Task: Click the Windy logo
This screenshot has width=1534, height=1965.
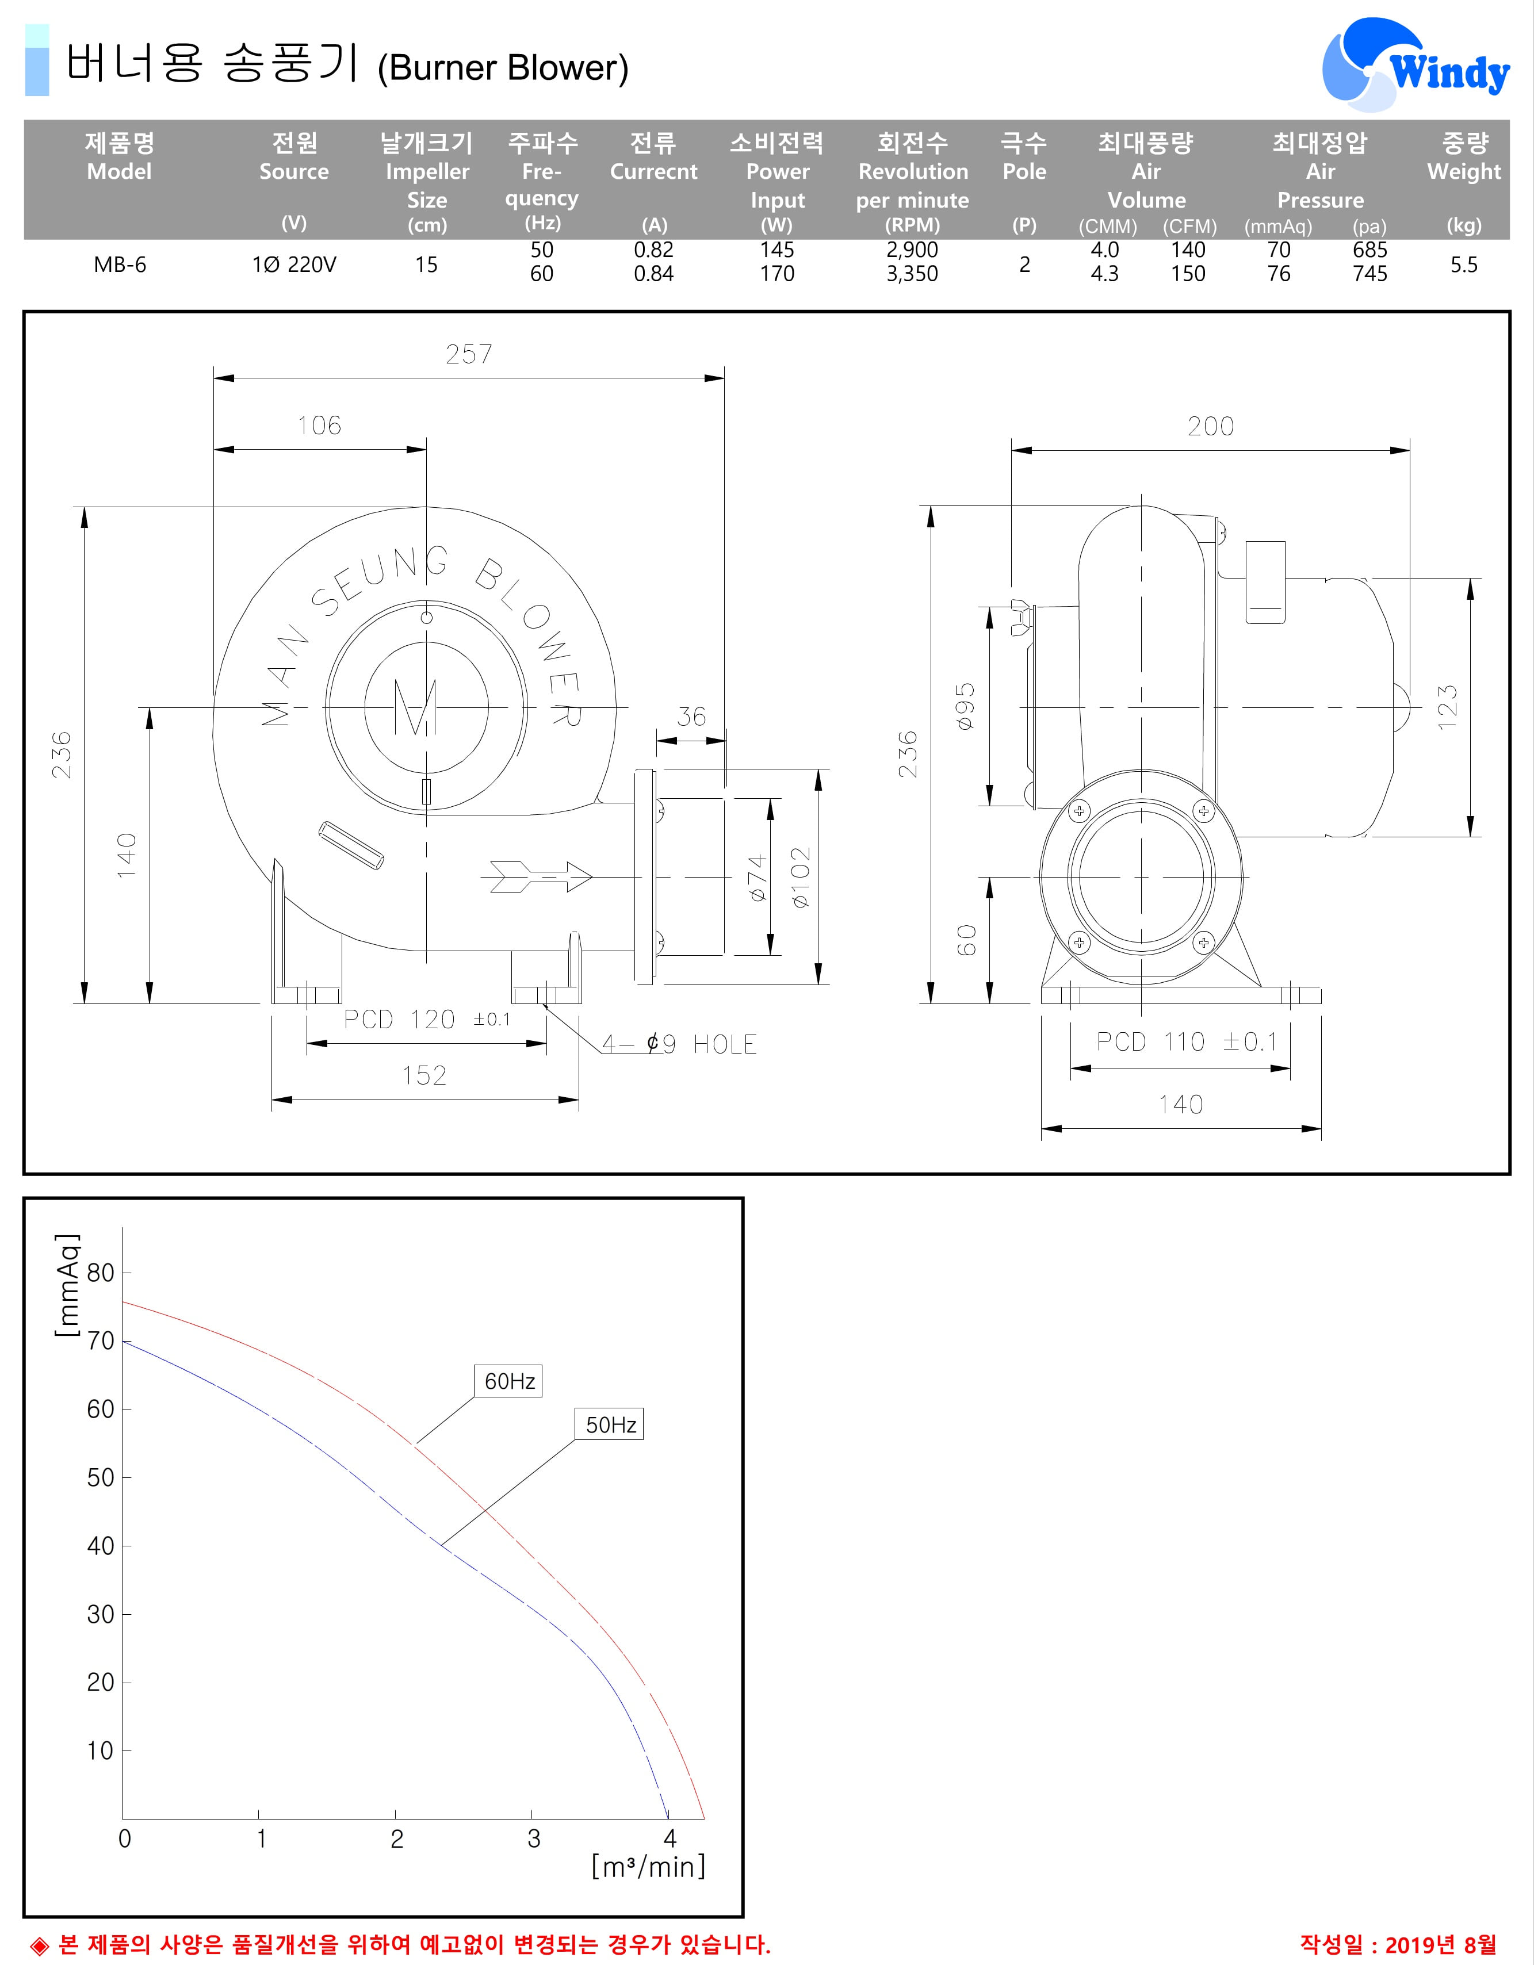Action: point(1416,64)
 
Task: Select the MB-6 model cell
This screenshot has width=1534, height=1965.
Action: point(120,265)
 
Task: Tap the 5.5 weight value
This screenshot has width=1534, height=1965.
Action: point(1464,265)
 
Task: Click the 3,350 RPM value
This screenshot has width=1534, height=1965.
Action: point(912,274)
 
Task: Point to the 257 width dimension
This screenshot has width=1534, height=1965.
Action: point(469,354)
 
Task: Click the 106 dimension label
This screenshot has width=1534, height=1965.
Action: point(319,426)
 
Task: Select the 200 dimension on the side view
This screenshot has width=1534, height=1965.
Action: point(1210,427)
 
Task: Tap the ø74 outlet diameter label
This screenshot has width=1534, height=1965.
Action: point(758,877)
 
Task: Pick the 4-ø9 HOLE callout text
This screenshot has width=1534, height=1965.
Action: point(679,1044)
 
